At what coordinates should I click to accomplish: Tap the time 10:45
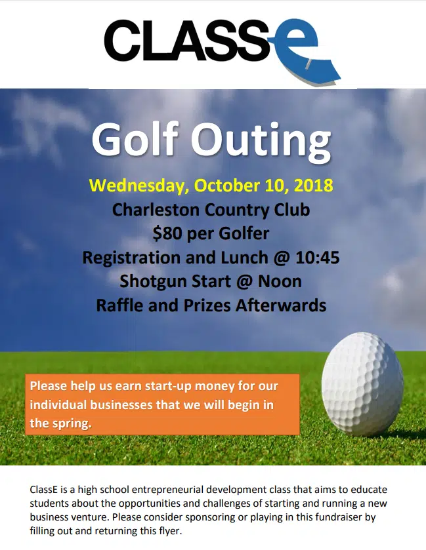click(316, 258)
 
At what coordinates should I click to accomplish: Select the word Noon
click(278, 281)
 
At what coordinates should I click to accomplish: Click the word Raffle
click(119, 305)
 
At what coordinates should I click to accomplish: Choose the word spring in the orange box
click(70, 423)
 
